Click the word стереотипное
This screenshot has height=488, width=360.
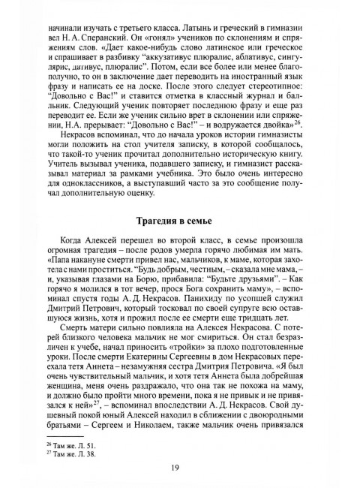283,98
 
